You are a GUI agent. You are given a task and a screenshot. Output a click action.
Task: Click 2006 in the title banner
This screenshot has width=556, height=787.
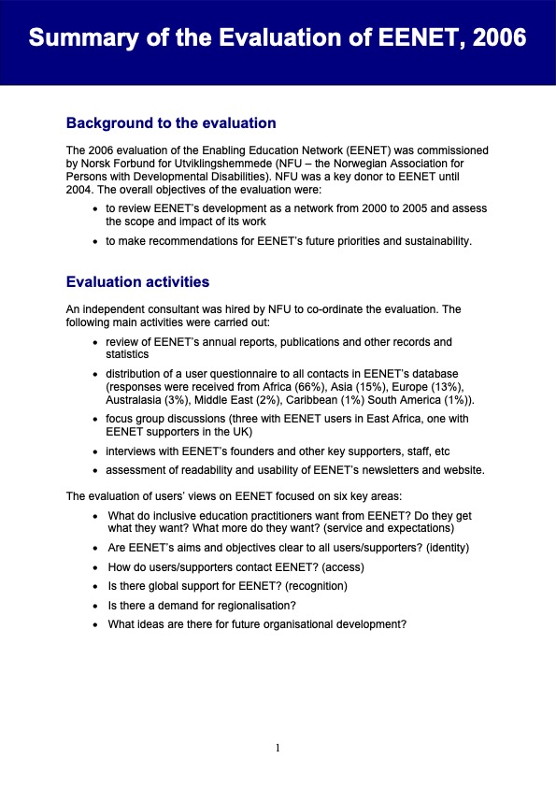point(494,38)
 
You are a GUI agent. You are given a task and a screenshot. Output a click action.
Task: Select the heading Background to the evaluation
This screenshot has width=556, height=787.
point(171,122)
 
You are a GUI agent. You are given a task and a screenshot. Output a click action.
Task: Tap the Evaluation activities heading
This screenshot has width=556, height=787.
point(137,281)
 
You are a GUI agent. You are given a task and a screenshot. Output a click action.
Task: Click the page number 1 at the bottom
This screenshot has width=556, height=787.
point(278,748)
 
